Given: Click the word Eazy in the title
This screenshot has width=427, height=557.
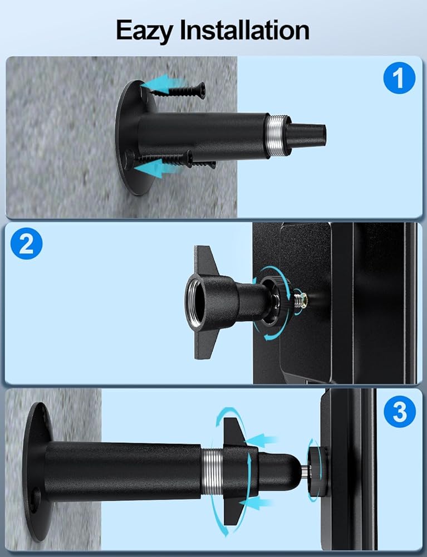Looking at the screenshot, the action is [x=144, y=31].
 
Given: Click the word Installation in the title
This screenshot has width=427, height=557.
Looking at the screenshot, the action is [x=244, y=30].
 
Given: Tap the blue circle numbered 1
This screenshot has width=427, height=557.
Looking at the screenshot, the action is [x=399, y=78].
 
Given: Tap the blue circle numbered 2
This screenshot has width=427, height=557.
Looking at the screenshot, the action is [x=26, y=244].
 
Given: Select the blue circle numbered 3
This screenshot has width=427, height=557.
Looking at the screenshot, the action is [x=400, y=412].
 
